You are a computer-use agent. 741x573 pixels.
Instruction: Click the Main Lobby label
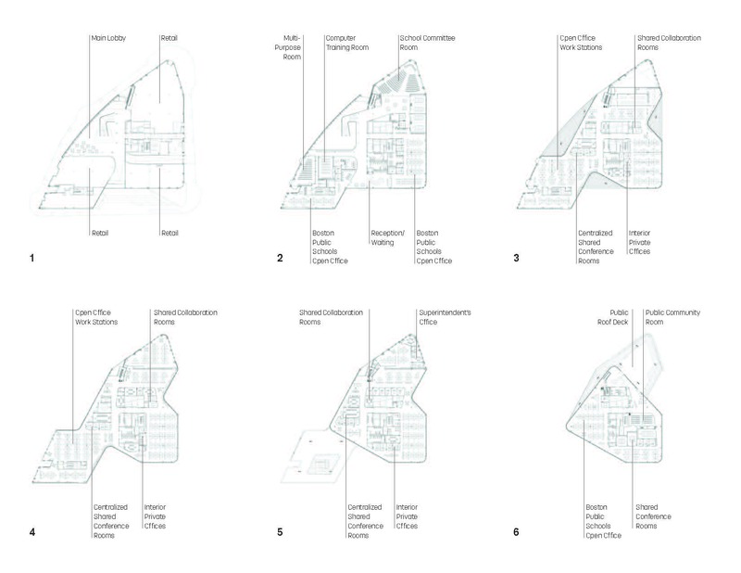[x=107, y=38]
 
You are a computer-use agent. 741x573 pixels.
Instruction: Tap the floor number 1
[x=32, y=257]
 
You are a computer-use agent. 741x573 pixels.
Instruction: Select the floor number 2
[x=279, y=257]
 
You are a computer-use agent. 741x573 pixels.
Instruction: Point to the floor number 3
[x=516, y=257]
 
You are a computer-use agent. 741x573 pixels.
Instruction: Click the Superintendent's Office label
[x=446, y=318]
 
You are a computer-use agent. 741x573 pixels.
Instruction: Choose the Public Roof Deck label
[x=622, y=318]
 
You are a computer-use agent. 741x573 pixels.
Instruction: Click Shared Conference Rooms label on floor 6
[x=654, y=516]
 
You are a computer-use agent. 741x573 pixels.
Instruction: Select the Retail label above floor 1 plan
[x=168, y=38]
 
